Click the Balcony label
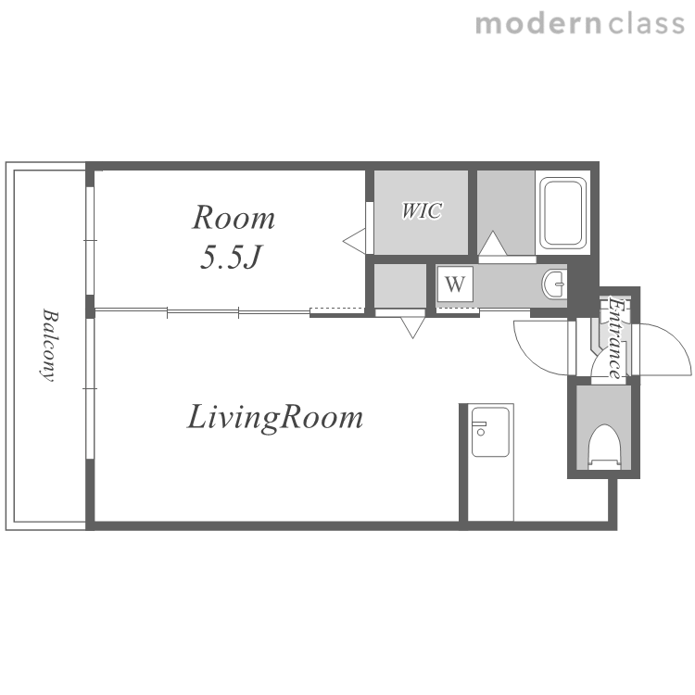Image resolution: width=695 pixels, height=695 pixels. point(50,345)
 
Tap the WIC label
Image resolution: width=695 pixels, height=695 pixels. point(422,210)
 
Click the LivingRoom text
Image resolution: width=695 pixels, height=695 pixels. point(275,418)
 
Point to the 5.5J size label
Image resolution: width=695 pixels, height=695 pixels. point(232,257)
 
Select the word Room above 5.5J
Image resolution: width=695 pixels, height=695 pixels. point(234,218)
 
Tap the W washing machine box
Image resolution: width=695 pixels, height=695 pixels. point(455,284)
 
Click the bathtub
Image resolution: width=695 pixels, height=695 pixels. point(562,212)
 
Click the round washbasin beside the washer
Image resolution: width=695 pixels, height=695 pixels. point(553,284)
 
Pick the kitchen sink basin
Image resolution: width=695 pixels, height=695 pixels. point(490,432)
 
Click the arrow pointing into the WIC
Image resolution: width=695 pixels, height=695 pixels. point(355,241)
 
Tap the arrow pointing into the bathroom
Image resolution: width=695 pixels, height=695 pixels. point(492,244)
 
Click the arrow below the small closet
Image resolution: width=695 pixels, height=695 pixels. point(412,327)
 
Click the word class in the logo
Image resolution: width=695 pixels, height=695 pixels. point(646,23)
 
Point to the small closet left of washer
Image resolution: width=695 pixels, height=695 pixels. point(400,285)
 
